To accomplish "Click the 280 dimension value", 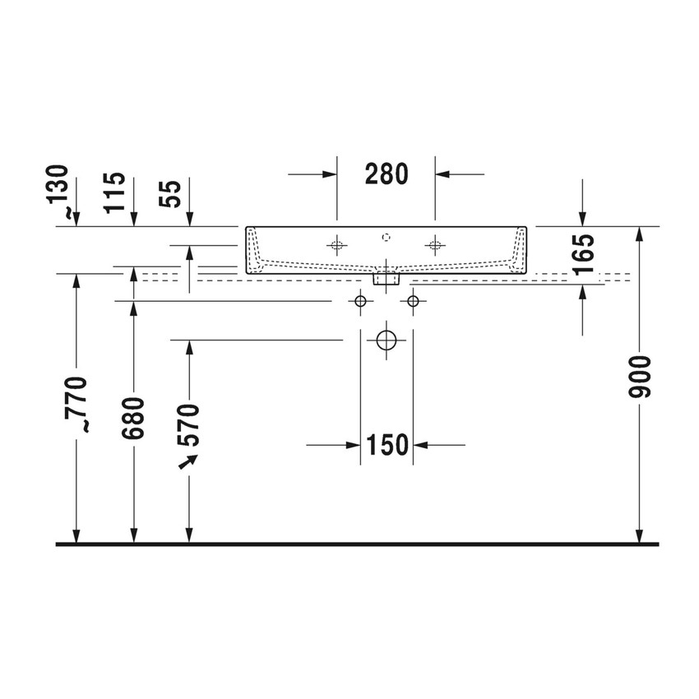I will point(386,174).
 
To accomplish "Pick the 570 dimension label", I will point(189,424).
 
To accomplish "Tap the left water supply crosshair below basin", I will point(359,301).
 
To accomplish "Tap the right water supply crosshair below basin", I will point(413,301).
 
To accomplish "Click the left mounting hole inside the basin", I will point(336,244).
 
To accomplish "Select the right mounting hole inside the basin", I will point(435,244).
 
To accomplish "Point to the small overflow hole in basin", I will point(386,238).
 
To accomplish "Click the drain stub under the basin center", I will point(386,279).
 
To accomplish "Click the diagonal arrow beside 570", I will point(187,463).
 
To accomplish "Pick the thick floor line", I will point(357,544).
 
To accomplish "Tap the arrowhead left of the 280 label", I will point(330,174).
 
